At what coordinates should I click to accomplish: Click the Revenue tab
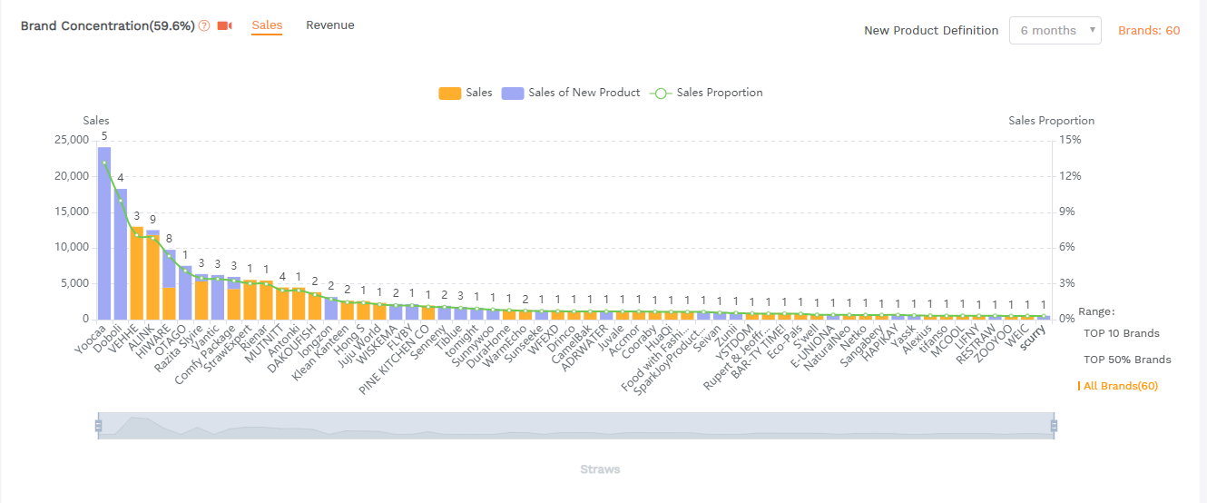pyautogui.click(x=329, y=25)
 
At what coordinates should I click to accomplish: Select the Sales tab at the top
pyautogui.click(x=267, y=25)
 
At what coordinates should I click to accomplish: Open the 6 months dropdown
pyautogui.click(x=1055, y=30)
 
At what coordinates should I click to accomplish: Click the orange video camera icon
pyautogui.click(x=225, y=25)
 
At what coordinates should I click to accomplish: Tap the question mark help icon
pyautogui.click(x=204, y=25)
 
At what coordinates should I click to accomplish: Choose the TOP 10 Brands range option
pyautogui.click(x=1121, y=333)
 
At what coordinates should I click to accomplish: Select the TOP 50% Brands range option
pyautogui.click(x=1127, y=360)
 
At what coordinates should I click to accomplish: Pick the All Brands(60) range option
pyautogui.click(x=1120, y=386)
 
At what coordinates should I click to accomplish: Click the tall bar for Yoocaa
pyautogui.click(x=104, y=232)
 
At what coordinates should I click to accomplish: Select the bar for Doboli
pyautogui.click(x=121, y=253)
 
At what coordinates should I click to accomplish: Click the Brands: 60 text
pyautogui.click(x=1149, y=30)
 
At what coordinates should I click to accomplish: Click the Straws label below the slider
pyautogui.click(x=600, y=469)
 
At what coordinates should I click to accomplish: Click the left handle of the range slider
pyautogui.click(x=97, y=426)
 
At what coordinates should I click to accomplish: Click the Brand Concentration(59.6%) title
pyautogui.click(x=107, y=25)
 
